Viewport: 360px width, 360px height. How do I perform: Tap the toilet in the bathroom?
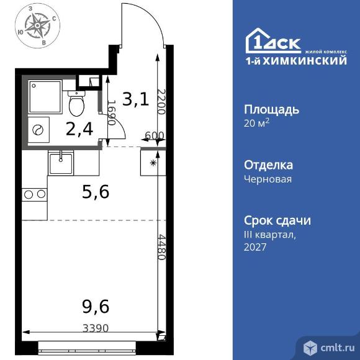point(78,103)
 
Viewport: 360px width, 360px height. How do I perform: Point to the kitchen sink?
point(61,164)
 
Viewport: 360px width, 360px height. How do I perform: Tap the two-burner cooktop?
point(34,194)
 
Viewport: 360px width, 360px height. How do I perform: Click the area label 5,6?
point(96,193)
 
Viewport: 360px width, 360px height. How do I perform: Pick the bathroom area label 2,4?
point(79,129)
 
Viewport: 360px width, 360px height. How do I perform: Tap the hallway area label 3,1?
point(135,99)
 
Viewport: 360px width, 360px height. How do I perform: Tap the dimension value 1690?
point(112,113)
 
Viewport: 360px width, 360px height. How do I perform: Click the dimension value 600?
point(154,136)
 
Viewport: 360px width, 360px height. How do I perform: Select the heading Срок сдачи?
point(277,220)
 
